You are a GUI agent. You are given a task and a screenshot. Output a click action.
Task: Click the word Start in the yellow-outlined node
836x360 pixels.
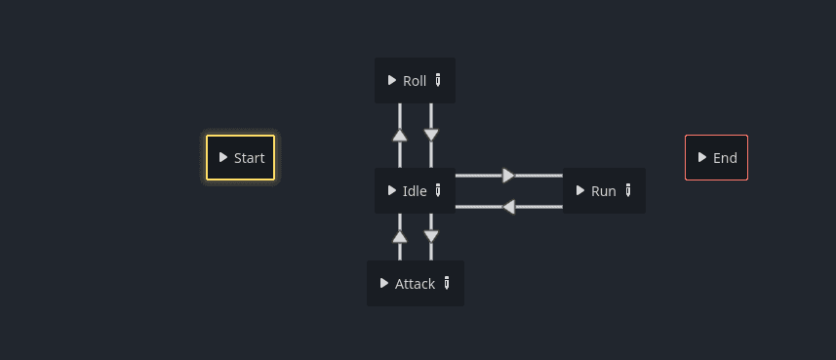point(249,158)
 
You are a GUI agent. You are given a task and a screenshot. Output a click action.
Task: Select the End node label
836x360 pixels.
point(725,158)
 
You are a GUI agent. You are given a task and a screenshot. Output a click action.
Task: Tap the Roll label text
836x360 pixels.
point(415,81)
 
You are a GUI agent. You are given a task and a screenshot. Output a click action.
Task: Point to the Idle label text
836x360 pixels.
point(415,191)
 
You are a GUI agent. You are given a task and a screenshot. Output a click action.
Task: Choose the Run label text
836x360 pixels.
point(604,191)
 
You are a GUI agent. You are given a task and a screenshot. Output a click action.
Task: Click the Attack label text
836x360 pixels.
point(415,284)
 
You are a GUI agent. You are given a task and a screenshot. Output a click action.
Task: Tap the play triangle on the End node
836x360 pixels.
point(702,157)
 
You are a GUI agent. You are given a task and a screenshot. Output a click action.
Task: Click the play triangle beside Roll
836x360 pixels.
point(392,80)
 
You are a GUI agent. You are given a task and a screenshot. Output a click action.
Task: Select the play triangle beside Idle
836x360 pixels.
point(392,190)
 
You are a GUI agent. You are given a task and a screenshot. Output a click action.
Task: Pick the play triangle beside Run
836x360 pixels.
point(580,190)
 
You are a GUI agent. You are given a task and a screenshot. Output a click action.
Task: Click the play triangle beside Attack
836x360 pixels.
point(384,283)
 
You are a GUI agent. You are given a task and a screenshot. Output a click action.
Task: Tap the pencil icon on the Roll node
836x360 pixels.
point(438,80)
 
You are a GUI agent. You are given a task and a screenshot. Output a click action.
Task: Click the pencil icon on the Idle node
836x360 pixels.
point(438,190)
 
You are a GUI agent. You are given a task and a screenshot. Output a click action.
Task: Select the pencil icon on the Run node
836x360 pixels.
point(628,190)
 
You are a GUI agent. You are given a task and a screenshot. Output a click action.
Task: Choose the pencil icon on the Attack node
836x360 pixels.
point(447,283)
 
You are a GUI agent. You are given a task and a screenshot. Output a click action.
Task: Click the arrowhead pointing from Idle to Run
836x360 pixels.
point(508,176)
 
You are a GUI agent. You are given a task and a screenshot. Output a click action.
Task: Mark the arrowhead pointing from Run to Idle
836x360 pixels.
point(508,207)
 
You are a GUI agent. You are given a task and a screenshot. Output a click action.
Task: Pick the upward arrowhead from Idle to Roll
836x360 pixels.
point(400,136)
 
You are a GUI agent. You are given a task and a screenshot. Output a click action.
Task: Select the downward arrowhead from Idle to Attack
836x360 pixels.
point(431,236)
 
